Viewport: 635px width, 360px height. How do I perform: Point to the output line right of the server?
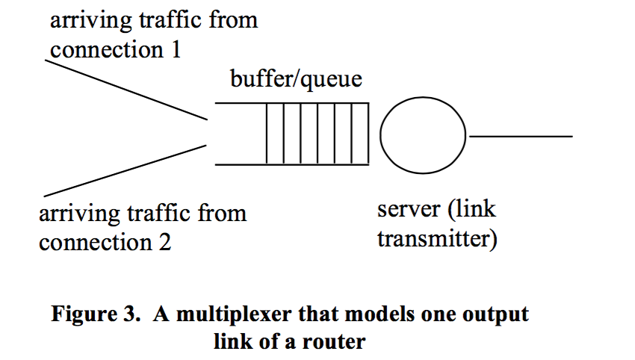tap(520, 137)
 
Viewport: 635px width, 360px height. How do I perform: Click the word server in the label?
tap(408, 210)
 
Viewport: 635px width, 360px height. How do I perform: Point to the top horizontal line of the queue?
tap(291, 103)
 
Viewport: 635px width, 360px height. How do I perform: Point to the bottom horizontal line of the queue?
tap(291, 164)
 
